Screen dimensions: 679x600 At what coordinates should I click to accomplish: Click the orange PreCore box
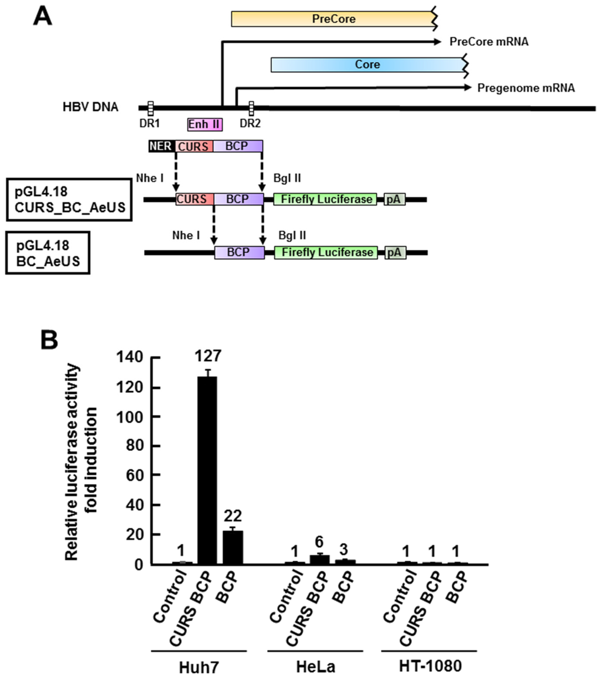click(x=333, y=19)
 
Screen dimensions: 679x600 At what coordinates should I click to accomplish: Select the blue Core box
click(x=366, y=64)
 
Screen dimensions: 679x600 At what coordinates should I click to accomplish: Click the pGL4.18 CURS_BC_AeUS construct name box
click(x=69, y=199)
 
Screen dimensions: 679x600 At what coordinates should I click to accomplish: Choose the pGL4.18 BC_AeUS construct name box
click(x=47, y=253)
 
